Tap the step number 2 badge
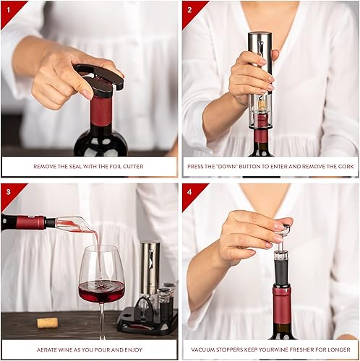[x=189, y=9]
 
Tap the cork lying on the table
[x=48, y=322]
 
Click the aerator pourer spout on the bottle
[x=72, y=225]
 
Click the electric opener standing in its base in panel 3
[x=150, y=271]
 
